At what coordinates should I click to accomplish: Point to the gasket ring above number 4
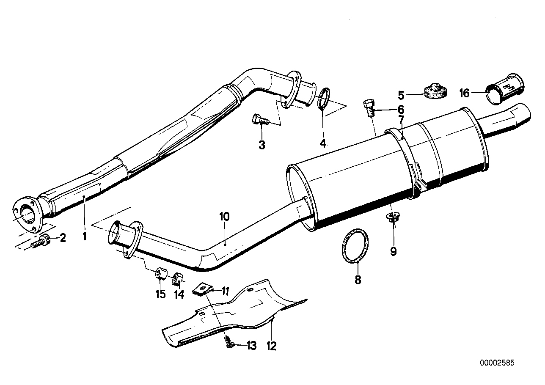(324, 98)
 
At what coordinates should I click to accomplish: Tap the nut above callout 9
(393, 218)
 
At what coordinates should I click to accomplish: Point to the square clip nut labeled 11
(201, 289)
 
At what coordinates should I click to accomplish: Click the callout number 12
(271, 346)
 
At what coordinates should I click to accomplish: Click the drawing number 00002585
(497, 363)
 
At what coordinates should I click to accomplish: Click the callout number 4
(323, 144)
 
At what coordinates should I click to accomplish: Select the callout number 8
(358, 280)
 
